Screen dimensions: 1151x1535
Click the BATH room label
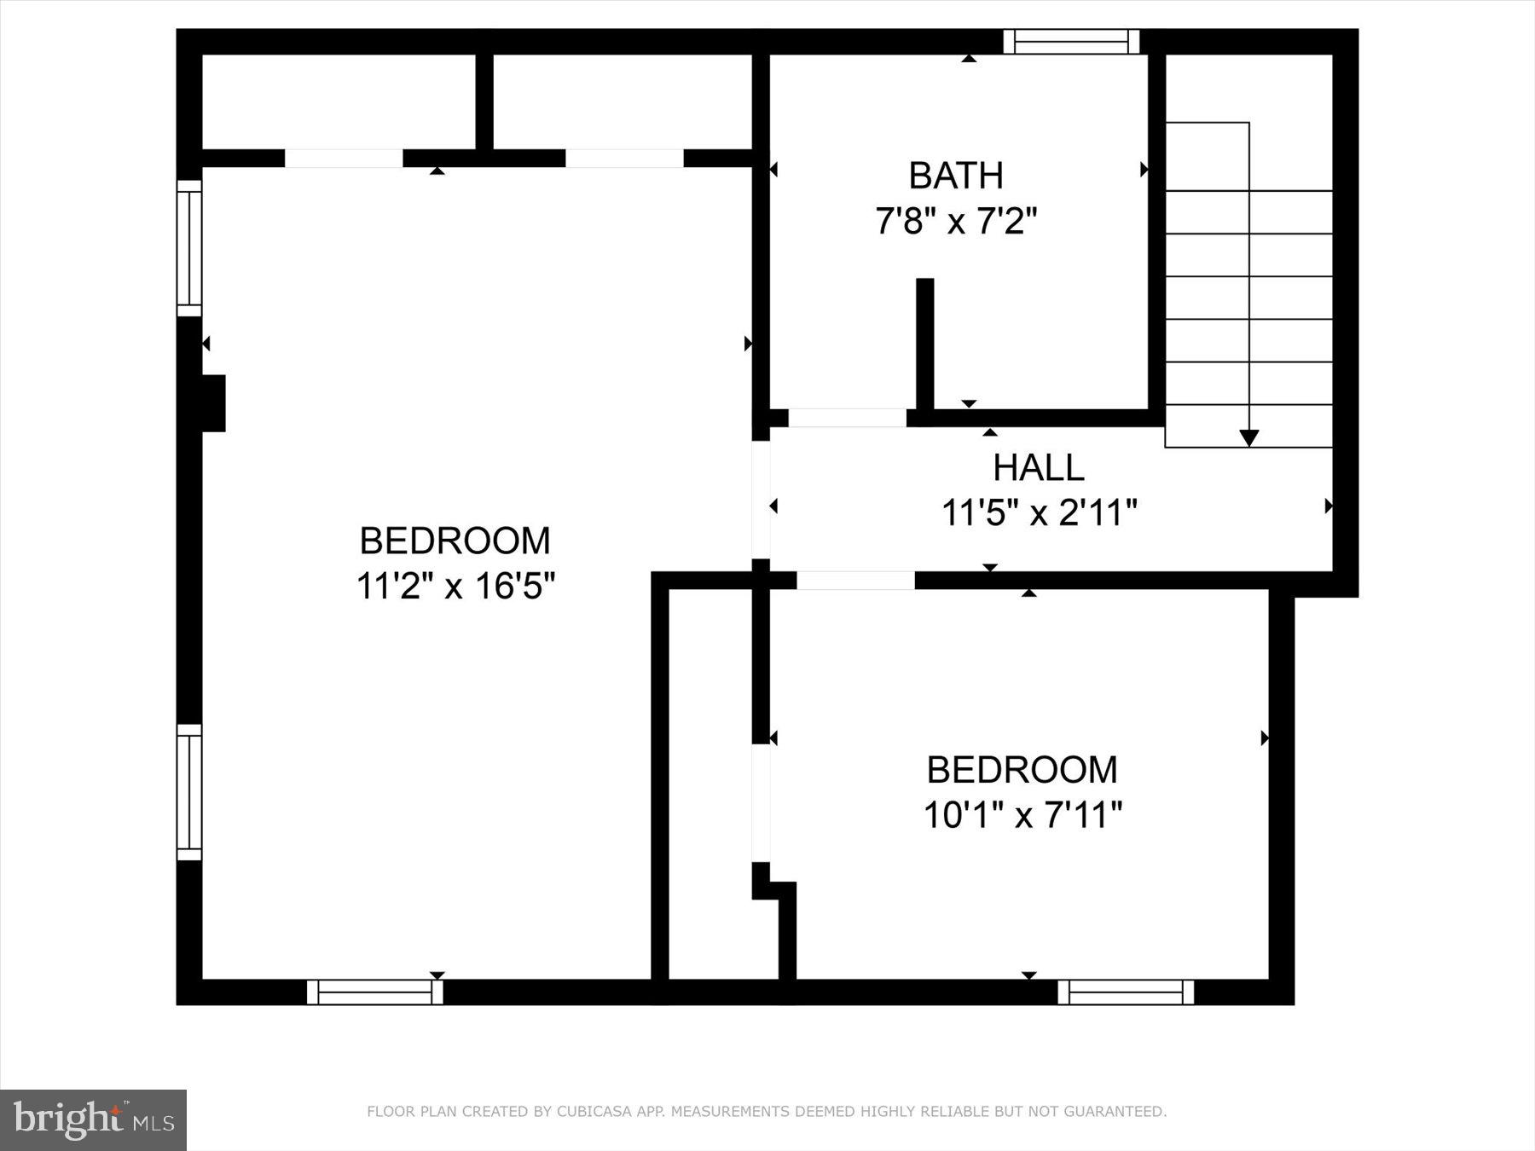955,176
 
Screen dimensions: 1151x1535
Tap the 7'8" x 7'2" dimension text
955,222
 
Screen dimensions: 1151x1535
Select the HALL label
1038,467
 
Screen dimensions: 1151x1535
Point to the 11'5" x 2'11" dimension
1039,513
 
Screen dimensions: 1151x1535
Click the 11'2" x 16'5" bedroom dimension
455,587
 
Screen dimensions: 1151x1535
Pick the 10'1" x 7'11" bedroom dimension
1022,815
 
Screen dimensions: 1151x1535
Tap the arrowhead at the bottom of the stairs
1248,438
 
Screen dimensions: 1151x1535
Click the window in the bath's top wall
1071,42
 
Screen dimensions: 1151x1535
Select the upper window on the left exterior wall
189,248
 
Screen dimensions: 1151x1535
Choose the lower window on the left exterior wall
189,792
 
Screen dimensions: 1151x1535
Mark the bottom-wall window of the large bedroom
375,992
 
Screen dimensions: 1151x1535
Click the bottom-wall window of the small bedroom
1126,992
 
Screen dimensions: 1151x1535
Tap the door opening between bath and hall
847,418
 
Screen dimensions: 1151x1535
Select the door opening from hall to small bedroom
855,581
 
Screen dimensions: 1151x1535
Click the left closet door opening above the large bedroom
343,159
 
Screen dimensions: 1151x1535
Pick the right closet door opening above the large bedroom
624,159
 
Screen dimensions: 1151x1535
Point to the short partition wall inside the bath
924,344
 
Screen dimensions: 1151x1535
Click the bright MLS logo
93,1119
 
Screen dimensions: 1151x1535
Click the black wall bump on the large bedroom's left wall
213,403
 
